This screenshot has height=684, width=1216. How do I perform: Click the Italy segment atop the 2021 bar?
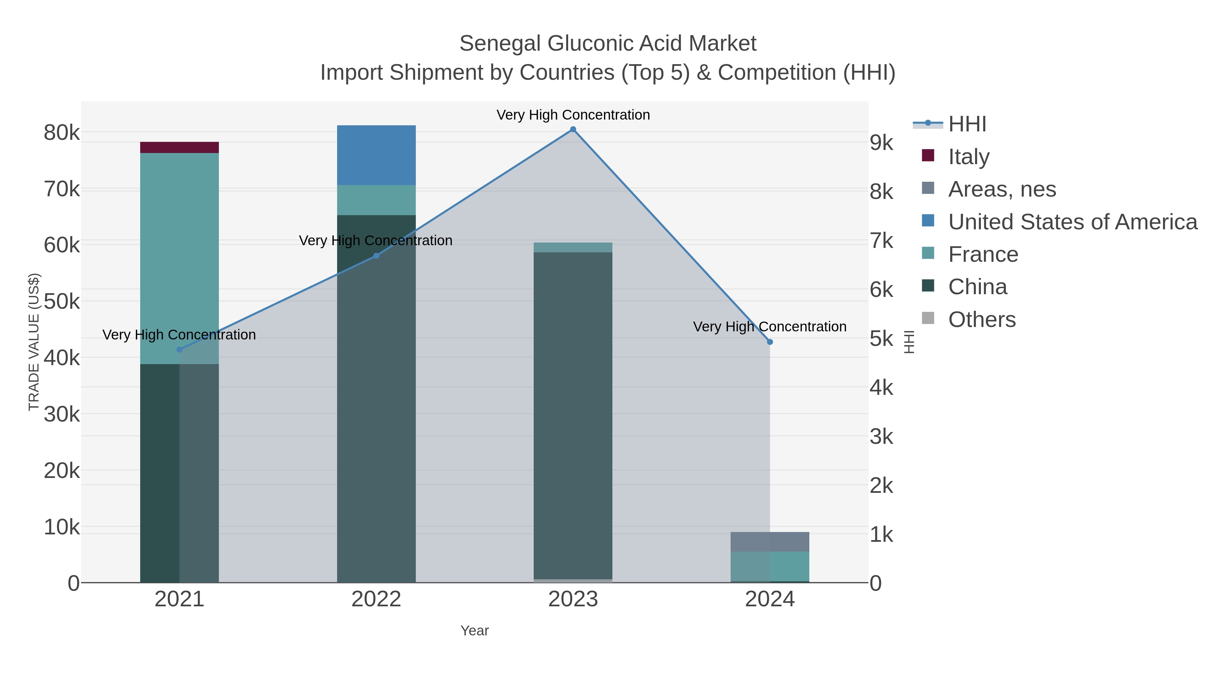pyautogui.click(x=179, y=147)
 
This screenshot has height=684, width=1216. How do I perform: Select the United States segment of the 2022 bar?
pyautogui.click(x=376, y=155)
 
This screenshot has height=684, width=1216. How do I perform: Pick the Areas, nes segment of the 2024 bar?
pyautogui.click(x=769, y=541)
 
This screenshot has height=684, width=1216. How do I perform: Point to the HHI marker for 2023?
pyautogui.click(x=573, y=129)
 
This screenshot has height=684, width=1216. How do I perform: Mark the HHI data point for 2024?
pyautogui.click(x=770, y=342)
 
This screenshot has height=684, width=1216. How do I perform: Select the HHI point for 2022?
pyautogui.click(x=376, y=256)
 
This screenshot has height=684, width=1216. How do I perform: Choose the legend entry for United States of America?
pyautogui.click(x=1072, y=222)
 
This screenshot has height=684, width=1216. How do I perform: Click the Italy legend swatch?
pyautogui.click(x=928, y=156)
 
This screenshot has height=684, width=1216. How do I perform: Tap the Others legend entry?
pyautogui.click(x=982, y=320)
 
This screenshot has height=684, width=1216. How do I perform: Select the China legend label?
pyautogui.click(x=978, y=287)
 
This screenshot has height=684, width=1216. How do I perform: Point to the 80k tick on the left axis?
pyautogui.click(x=62, y=133)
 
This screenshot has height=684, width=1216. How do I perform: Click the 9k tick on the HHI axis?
pyautogui.click(x=881, y=143)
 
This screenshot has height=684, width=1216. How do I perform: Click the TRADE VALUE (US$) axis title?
pyautogui.click(x=34, y=342)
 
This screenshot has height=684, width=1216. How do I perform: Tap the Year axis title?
pyautogui.click(x=475, y=631)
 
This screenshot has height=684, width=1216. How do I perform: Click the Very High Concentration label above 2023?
pyautogui.click(x=573, y=115)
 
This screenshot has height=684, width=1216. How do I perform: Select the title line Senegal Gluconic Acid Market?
pyautogui.click(x=608, y=44)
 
